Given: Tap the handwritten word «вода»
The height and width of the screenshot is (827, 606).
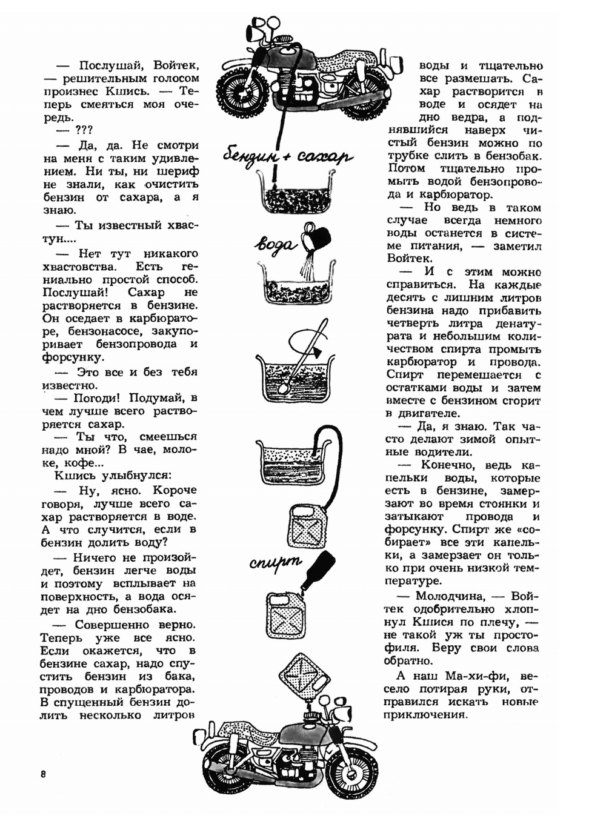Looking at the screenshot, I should click(276, 244).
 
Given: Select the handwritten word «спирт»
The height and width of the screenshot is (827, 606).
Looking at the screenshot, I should click(276, 562).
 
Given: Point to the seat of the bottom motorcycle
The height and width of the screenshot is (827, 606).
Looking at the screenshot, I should click(242, 730).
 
